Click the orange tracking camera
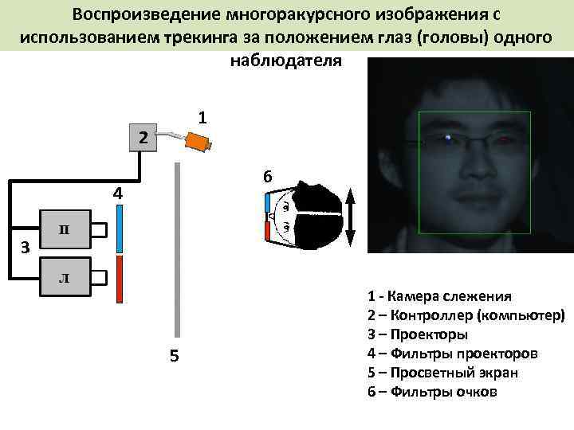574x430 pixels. tap(197, 142)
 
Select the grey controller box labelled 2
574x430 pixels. tap(143, 139)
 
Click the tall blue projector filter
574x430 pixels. tap(119, 229)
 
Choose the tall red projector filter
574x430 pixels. tap(119, 279)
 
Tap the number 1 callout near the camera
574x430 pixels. tap(203, 117)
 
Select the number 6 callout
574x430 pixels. tap(268, 177)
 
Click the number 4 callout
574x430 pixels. tap(117, 193)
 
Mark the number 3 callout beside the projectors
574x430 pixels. tap(25, 248)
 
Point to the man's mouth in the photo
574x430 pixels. tap(476, 193)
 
